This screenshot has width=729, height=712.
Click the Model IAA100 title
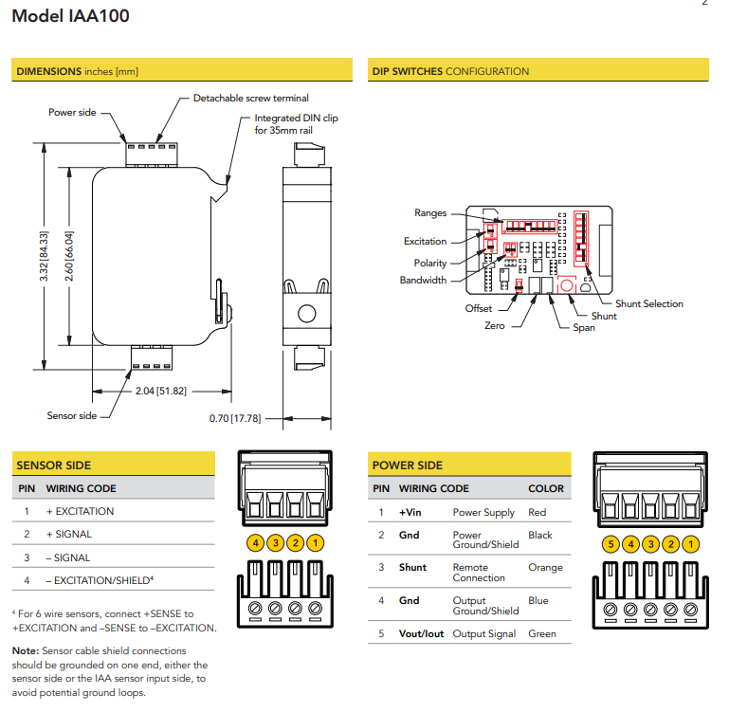tap(71, 16)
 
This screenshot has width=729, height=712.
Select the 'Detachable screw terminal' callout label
tap(250, 98)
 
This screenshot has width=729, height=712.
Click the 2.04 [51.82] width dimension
tap(159, 391)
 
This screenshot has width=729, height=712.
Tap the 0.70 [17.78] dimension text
tap(235, 417)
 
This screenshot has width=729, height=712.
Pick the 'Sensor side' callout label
tap(72, 415)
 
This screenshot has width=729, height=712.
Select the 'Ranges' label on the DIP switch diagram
tap(430, 213)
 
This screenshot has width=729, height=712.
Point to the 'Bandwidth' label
tap(423, 281)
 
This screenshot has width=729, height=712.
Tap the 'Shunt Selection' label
tap(649, 303)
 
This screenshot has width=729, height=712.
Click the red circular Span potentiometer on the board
tap(566, 284)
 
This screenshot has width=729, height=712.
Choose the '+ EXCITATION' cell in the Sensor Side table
tap(81, 511)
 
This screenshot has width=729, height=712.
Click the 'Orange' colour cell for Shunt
tap(545, 568)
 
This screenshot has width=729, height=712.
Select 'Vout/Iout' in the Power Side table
tap(421, 633)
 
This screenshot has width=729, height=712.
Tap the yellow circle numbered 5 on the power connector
tap(611, 544)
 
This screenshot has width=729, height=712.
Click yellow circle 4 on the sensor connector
tap(254, 543)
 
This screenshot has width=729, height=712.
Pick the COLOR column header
tap(546, 488)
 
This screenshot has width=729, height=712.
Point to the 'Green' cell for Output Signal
tap(543, 633)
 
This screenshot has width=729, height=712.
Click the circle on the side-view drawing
tap(305, 313)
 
